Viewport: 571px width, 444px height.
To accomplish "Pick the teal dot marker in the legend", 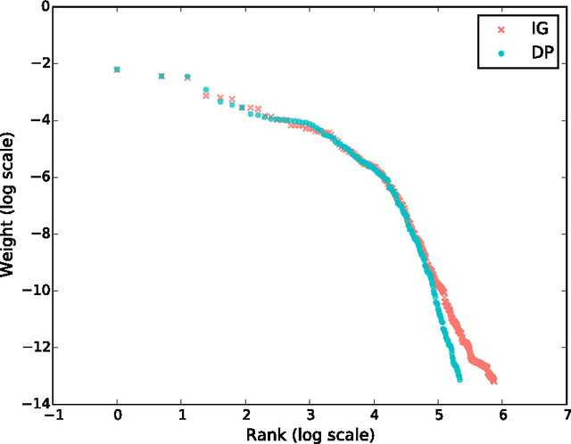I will [501, 53].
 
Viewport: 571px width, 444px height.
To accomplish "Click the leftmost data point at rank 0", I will [117, 70].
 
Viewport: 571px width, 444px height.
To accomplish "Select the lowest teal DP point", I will [459, 379].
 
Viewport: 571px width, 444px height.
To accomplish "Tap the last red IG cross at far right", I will [493, 381].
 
